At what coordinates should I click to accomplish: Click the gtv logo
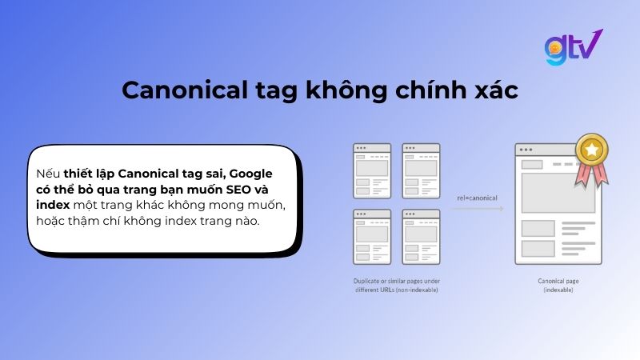pyautogui.click(x=573, y=48)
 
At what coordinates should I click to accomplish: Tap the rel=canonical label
pyautogui.click(x=477, y=198)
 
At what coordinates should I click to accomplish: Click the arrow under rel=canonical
pyautogui.click(x=477, y=209)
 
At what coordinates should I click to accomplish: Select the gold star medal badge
pyautogui.click(x=592, y=150)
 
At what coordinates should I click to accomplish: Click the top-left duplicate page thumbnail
pyautogui.click(x=372, y=169)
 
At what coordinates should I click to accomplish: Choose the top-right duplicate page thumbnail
pyautogui.click(x=421, y=169)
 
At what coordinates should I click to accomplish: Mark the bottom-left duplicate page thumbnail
pyautogui.click(x=372, y=236)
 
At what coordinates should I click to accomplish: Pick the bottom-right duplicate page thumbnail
pyautogui.click(x=421, y=236)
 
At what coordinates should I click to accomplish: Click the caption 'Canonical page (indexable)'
pyautogui.click(x=558, y=285)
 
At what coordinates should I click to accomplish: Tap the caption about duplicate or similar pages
pyautogui.click(x=397, y=285)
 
